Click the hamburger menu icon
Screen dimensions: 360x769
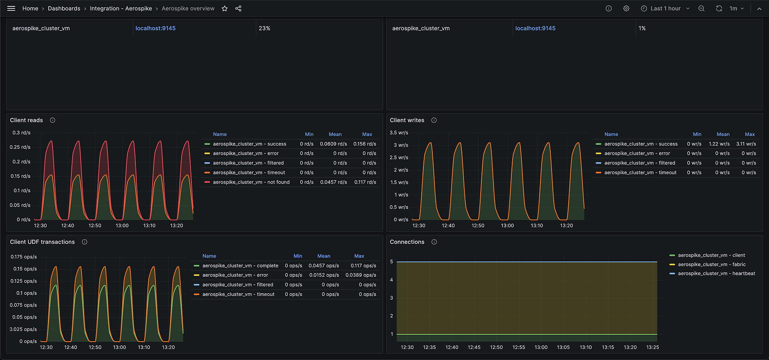[11, 9]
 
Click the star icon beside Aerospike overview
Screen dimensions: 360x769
[225, 9]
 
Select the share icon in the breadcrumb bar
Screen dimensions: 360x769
[238, 9]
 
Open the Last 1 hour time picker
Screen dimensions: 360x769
[665, 9]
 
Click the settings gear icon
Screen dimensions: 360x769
[626, 9]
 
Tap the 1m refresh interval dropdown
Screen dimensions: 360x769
[737, 9]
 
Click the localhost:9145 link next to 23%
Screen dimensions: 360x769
[156, 28]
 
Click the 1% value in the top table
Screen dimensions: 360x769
[642, 28]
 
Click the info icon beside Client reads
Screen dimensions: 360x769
[53, 120]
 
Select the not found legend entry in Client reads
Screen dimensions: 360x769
[251, 182]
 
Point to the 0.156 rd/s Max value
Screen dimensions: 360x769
[364, 144]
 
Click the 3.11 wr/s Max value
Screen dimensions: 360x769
[746, 144]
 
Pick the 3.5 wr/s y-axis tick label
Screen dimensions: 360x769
[399, 133]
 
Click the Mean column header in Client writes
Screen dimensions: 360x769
[723, 134]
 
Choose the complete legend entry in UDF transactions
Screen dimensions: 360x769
[240, 266]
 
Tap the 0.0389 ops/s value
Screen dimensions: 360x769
[361, 275]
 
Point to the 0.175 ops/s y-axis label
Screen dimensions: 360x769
[24, 257]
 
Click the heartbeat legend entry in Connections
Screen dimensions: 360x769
[716, 273]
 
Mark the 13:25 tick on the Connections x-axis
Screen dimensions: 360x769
[652, 347]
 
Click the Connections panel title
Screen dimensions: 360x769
[407, 242]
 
